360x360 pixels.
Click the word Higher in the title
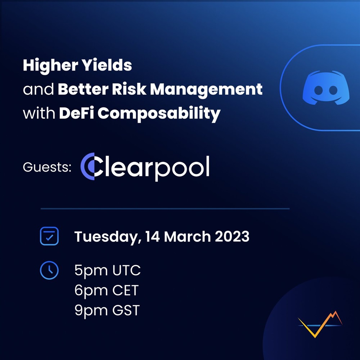point(50,66)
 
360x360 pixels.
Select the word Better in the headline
point(83,89)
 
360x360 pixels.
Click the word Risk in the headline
point(129,89)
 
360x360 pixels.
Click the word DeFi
point(76,113)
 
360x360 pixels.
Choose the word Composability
point(159,114)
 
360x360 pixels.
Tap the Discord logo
point(326,88)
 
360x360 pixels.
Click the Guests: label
point(47,167)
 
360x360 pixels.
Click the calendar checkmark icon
point(49,236)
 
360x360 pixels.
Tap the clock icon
point(49,270)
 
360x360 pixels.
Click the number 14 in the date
point(152,237)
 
